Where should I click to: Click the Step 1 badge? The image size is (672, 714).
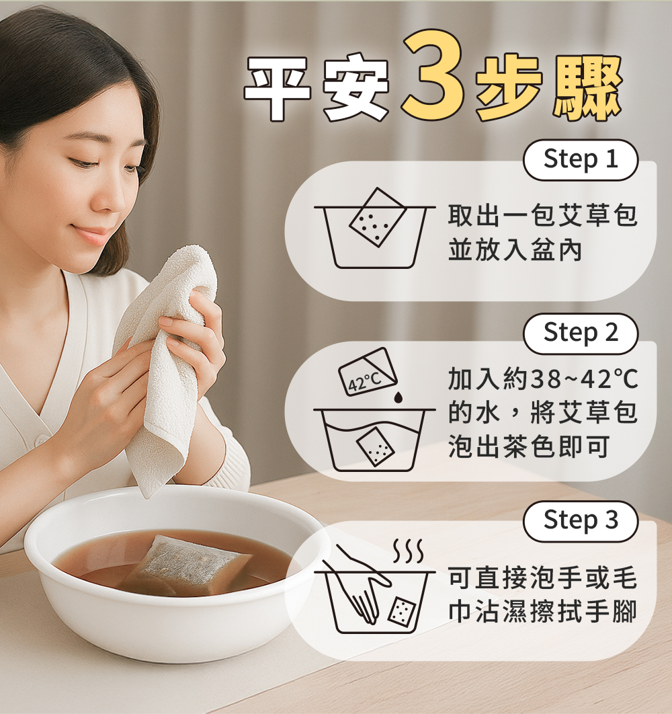581,160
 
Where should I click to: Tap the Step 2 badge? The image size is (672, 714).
581,333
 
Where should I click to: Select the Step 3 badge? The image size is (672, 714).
581,521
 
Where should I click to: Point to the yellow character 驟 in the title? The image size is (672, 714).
588,88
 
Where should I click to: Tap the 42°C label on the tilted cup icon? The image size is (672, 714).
364,382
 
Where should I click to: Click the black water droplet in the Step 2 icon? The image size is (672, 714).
398,397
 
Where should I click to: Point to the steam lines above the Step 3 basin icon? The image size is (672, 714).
409,550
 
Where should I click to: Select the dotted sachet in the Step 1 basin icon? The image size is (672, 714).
377,218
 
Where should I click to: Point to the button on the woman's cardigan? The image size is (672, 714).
42,440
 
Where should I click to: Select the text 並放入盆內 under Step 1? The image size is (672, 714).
515,250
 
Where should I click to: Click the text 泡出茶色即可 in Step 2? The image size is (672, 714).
529,446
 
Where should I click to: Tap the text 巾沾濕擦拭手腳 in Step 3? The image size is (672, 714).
542,611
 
